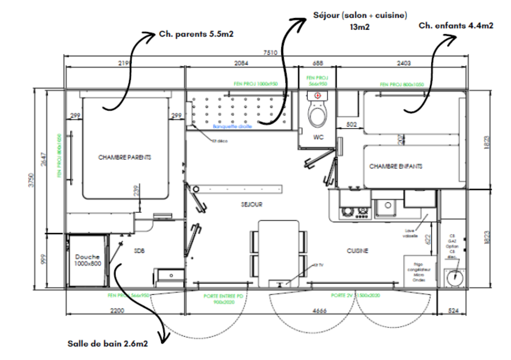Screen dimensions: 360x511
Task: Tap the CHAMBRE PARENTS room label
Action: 124,157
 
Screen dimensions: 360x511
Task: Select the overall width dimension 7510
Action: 270,53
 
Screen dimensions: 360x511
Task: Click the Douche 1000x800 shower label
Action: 87,260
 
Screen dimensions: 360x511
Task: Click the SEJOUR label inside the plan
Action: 251,204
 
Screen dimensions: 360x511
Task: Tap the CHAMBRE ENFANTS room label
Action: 396,166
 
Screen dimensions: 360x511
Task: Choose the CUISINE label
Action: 358,251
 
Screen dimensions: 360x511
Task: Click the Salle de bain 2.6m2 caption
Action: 107,344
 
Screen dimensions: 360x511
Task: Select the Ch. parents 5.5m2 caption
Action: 196,34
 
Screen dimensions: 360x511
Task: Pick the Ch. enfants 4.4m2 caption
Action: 456,26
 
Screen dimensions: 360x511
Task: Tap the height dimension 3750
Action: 31,180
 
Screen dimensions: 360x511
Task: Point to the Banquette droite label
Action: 232,127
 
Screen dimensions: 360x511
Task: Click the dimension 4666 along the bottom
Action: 319,311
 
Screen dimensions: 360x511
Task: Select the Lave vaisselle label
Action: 410,233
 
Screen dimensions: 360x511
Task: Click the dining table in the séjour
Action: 279,252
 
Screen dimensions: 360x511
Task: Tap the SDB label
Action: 139,251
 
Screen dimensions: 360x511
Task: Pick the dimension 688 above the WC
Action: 318,63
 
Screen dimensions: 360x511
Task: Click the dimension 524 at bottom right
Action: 453,311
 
